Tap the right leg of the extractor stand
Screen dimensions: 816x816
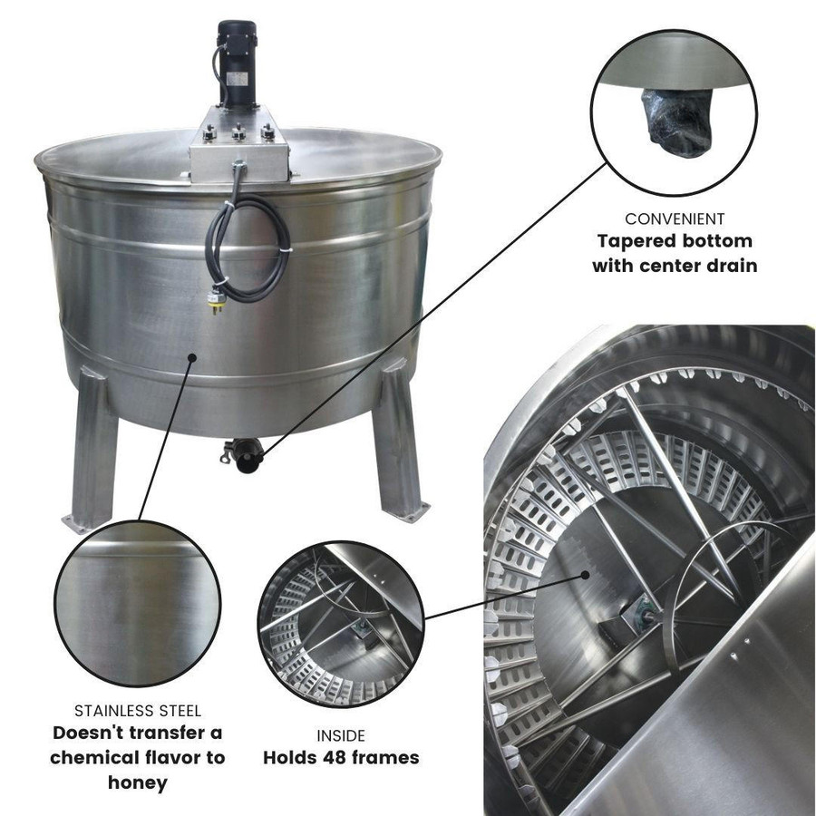click(x=398, y=444)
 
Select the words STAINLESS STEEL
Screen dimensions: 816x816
click(x=137, y=711)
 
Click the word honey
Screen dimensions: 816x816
click(x=137, y=781)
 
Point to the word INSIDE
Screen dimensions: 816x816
click(x=340, y=736)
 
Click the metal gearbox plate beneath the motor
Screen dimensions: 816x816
click(x=238, y=141)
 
